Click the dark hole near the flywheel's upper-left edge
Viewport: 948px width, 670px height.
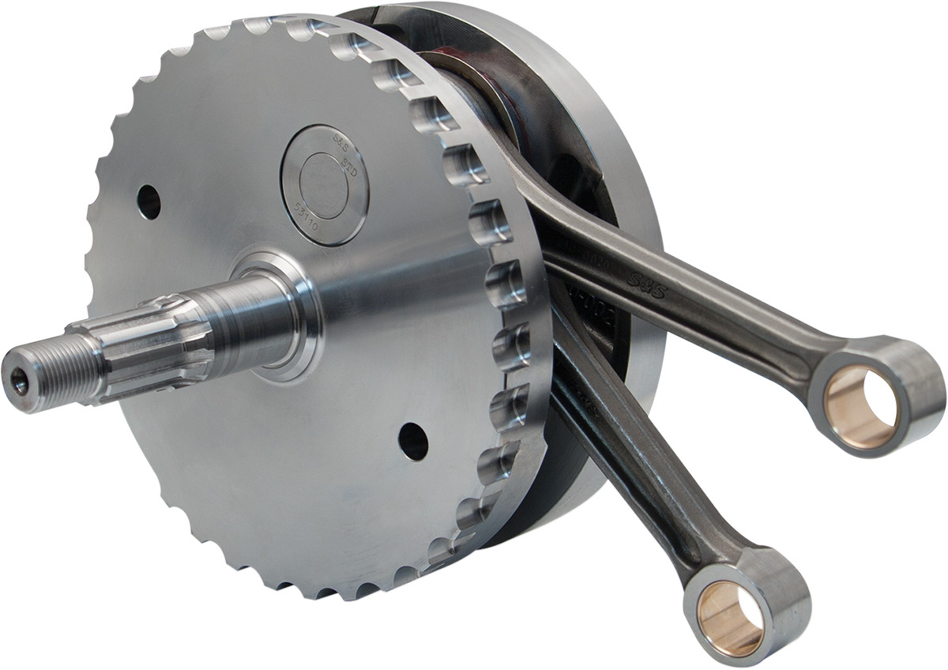click(149, 201)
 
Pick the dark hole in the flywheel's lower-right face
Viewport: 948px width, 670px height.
click(412, 441)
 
